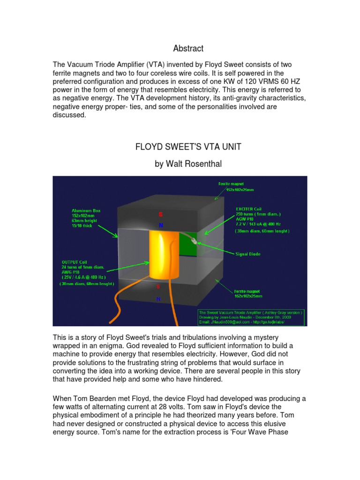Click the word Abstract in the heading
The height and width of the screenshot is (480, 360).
pos(188,48)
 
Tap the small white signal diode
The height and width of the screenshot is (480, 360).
pos(197,243)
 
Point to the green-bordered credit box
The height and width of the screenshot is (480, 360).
pos(252,317)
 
